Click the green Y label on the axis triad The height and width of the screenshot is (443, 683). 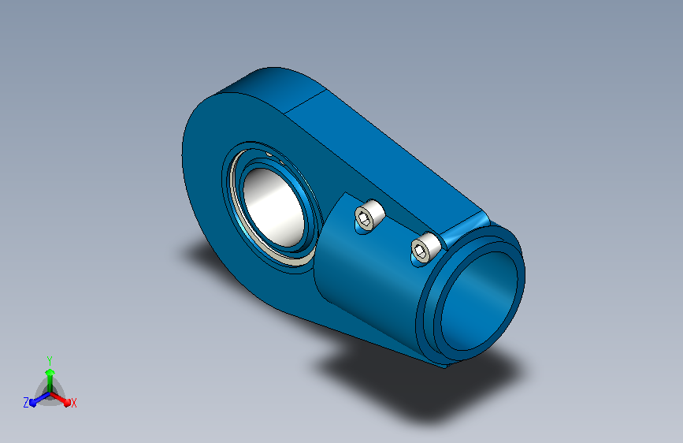point(50,360)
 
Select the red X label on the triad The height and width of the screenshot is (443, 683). point(73,403)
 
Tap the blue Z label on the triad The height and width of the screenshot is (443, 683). point(26,403)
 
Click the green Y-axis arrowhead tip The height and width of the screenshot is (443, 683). point(50,370)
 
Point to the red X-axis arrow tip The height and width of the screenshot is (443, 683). point(68,404)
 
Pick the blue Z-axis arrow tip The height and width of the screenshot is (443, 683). point(32,404)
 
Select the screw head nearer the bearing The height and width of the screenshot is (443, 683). point(369,216)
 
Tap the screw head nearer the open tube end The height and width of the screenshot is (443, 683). point(425,248)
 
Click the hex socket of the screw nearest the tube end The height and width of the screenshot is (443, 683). point(420,251)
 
